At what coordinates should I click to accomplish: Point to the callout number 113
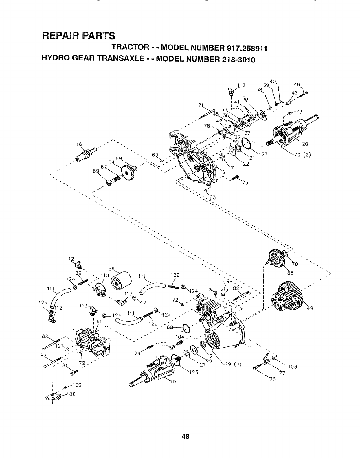tap(83, 306)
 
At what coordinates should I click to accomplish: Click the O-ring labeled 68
tap(187, 328)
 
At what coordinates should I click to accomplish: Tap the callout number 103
tap(293, 367)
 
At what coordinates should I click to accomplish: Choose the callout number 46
tap(297, 84)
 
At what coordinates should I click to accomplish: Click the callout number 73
tap(245, 183)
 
